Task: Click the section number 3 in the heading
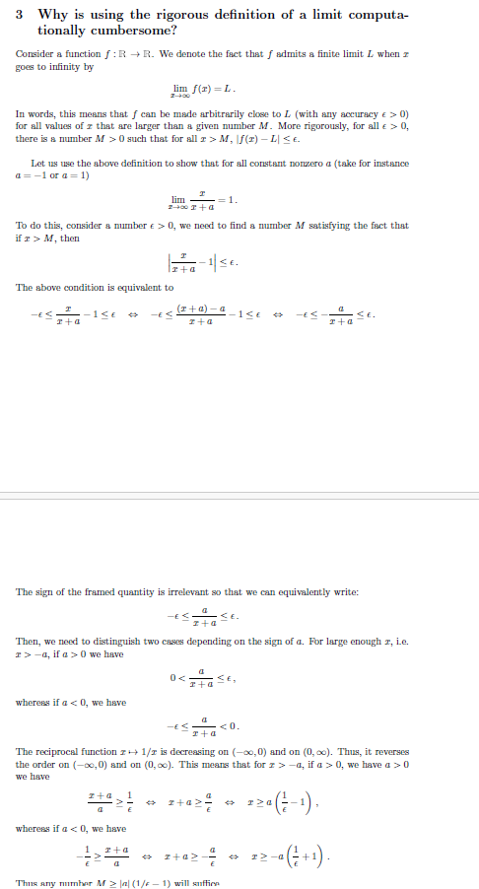coord(21,15)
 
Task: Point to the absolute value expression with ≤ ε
coord(206,262)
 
